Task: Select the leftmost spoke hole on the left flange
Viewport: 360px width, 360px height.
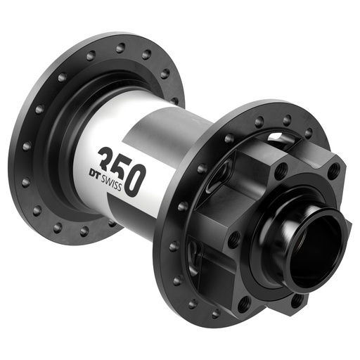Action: (x=26, y=146)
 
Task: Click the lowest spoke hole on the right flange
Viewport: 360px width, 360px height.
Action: (x=217, y=313)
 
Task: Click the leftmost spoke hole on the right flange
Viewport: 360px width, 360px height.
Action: (x=173, y=246)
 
